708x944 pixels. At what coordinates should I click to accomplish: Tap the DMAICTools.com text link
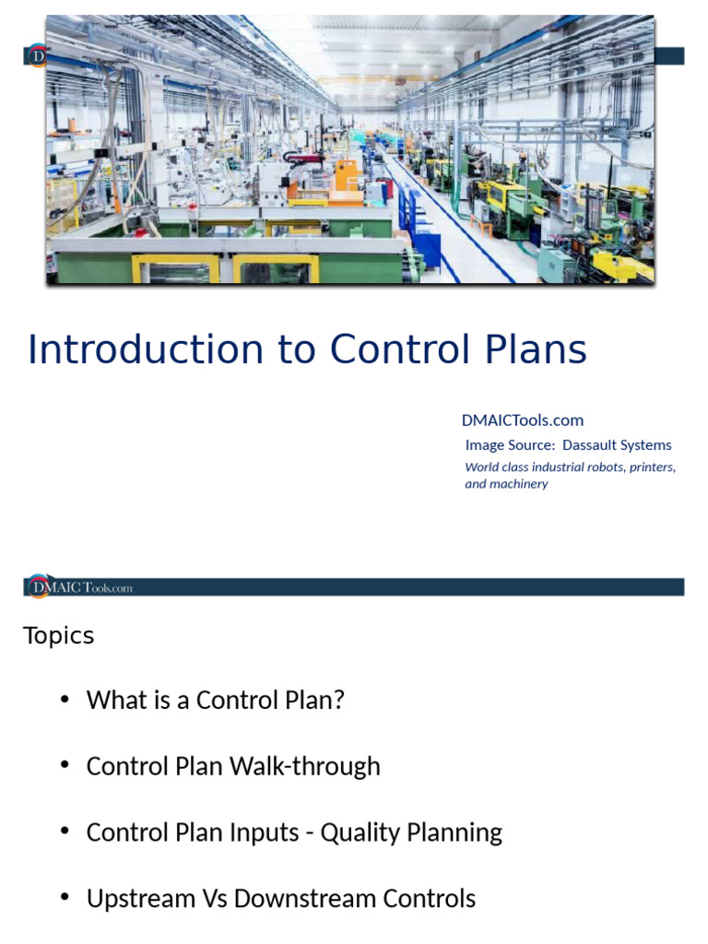click(x=522, y=420)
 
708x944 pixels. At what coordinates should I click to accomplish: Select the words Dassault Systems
click(x=617, y=445)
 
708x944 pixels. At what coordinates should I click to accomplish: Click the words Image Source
click(x=510, y=445)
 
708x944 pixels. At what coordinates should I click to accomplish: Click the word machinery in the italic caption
click(x=519, y=484)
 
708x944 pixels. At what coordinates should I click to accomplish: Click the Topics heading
click(x=58, y=636)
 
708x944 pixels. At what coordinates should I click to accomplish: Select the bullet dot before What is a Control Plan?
click(x=65, y=700)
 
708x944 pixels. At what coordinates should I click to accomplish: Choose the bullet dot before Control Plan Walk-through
click(x=65, y=766)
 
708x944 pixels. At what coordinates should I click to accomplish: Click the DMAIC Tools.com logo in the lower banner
click(x=80, y=587)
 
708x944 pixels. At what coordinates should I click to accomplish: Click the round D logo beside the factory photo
click(x=37, y=56)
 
